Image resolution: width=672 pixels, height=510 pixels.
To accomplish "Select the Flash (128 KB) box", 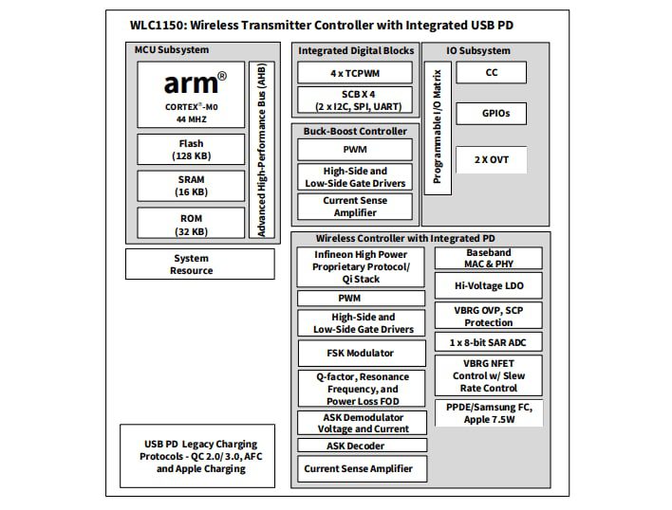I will tap(191, 149).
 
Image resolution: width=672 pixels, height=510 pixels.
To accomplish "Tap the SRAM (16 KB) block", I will tap(191, 185).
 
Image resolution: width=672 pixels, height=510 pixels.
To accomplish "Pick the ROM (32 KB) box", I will tap(191, 223).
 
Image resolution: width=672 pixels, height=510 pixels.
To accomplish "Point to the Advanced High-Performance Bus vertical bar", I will tap(262, 150).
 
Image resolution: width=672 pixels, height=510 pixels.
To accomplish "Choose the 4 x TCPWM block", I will tap(355, 73).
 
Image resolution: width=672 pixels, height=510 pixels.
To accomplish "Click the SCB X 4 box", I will tap(355, 100).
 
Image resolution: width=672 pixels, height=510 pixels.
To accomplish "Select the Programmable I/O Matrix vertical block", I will tap(437, 128).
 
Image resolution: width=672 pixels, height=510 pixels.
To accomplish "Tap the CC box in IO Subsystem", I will tap(491, 72).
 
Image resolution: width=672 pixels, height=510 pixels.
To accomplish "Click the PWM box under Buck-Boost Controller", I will tap(355, 150).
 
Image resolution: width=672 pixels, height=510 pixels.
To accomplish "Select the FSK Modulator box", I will tap(361, 353).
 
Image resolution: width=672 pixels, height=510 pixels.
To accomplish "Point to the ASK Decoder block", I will tap(362, 445).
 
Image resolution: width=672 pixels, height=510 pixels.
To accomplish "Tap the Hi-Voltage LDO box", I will tap(489, 284).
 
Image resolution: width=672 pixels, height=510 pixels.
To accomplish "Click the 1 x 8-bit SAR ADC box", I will tap(489, 341).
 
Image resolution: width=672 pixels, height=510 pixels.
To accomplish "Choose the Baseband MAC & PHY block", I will tap(489, 258).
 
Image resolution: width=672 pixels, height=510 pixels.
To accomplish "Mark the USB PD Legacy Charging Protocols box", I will tap(199, 456).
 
